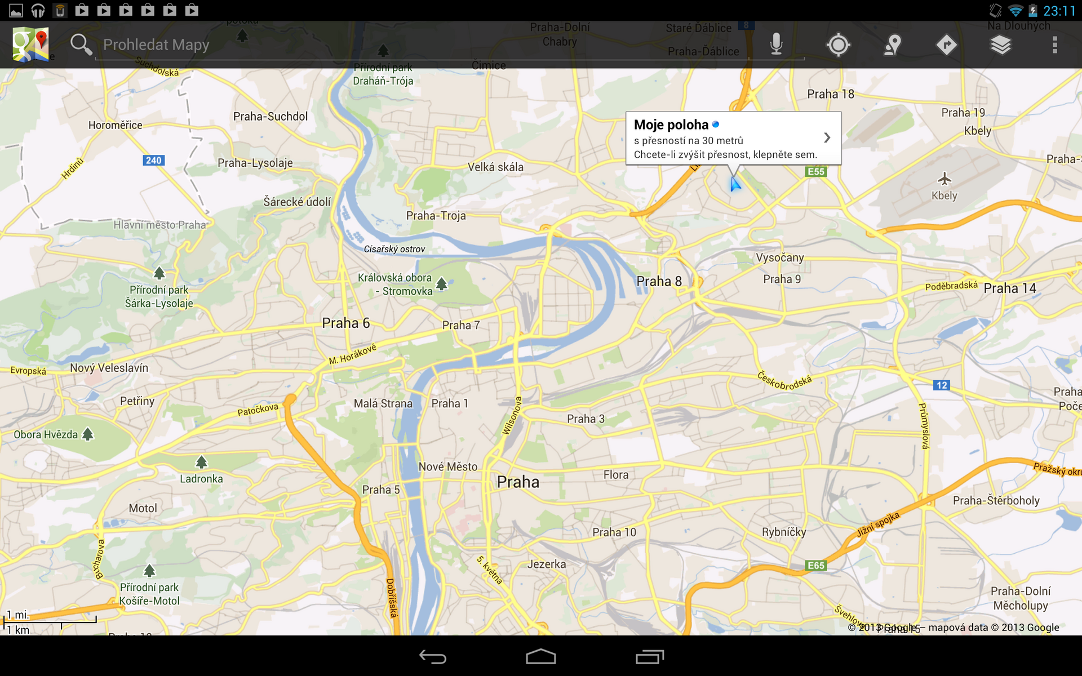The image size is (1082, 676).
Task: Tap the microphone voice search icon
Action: (x=776, y=44)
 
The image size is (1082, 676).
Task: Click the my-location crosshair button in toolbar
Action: (x=838, y=45)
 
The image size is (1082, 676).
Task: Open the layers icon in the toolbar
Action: (x=1000, y=45)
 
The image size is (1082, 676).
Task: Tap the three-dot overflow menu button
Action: (x=1054, y=45)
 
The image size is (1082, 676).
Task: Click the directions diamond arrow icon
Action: (x=946, y=45)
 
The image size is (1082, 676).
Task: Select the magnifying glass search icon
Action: (x=81, y=45)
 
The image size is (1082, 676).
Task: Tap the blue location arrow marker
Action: (x=735, y=184)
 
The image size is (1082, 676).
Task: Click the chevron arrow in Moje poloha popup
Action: (x=827, y=137)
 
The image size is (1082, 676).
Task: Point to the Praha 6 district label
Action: (x=345, y=323)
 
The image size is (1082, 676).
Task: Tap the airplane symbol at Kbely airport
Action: (x=944, y=180)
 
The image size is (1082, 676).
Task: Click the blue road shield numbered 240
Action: (x=153, y=161)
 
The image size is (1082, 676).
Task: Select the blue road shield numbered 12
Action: (x=941, y=385)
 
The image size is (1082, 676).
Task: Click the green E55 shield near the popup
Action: (x=815, y=171)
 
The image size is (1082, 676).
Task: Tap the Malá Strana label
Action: (x=383, y=403)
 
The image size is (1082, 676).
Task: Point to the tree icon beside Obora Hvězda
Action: (x=88, y=434)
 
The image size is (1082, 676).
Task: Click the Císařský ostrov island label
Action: (x=394, y=249)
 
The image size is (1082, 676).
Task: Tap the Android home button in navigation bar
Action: (x=540, y=657)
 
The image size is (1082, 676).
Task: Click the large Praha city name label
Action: (x=518, y=482)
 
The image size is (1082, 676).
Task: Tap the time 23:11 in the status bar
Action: (x=1059, y=11)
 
